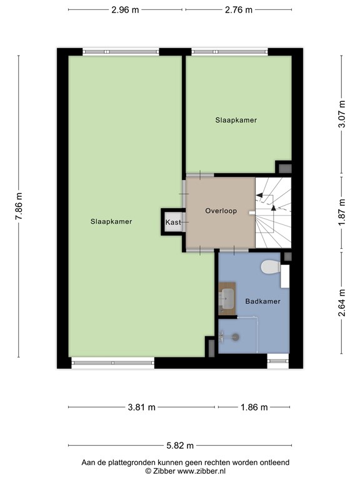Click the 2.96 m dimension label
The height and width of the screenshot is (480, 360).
[126, 9]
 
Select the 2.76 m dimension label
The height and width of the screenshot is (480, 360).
[239, 9]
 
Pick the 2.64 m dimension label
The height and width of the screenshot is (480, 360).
[342, 302]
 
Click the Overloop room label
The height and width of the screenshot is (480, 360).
[221, 211]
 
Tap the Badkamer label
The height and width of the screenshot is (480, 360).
[262, 301]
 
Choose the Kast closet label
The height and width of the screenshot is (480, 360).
[173, 222]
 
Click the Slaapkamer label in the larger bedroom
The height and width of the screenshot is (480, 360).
[111, 221]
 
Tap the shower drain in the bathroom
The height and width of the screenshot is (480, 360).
[236, 337]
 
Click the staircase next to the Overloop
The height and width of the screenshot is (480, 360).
[274, 212]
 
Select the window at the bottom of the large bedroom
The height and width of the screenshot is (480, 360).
[112, 362]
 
